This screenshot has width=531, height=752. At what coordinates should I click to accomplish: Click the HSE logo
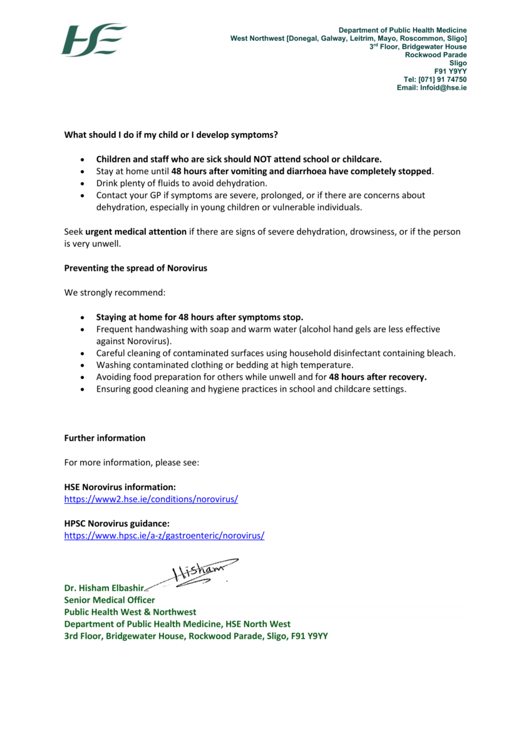94,40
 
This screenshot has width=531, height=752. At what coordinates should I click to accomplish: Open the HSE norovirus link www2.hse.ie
151,499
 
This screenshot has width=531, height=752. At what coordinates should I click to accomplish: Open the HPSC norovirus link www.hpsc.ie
164,536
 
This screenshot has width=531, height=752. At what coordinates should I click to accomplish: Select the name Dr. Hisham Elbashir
104,588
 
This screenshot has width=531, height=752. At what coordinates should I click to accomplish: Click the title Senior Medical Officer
110,600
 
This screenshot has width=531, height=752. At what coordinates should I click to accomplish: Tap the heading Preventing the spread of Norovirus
135,268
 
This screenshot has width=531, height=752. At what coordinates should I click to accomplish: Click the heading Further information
105,438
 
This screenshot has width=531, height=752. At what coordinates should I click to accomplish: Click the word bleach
441,353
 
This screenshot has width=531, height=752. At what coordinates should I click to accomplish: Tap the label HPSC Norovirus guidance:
117,523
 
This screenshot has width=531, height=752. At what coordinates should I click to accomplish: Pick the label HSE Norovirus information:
120,487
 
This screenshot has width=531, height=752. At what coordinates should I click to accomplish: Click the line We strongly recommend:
115,292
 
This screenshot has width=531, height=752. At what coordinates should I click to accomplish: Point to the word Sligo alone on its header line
457,63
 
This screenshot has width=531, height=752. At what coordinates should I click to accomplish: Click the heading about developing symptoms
171,135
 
